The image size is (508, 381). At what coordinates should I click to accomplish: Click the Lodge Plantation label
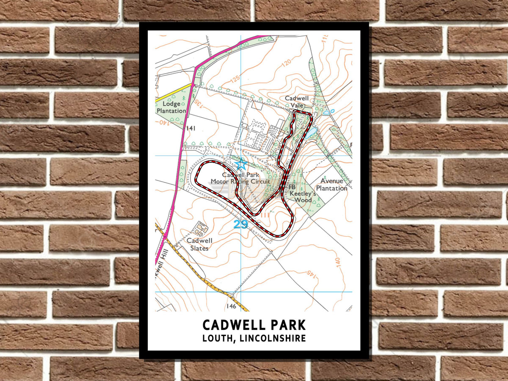[x=171, y=107]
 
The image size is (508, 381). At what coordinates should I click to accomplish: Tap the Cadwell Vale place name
[x=296, y=102]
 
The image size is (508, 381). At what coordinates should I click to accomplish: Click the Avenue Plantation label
[x=331, y=185]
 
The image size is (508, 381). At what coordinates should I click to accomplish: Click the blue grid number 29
[x=240, y=224]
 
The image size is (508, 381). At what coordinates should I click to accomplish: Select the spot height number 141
[x=190, y=128]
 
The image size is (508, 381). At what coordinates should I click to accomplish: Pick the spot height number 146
[x=231, y=306]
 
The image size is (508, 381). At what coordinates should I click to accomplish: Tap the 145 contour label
[x=313, y=274]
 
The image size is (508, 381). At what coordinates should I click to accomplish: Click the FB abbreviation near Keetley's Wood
[x=292, y=187]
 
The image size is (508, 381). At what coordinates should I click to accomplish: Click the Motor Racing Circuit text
[x=240, y=182]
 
